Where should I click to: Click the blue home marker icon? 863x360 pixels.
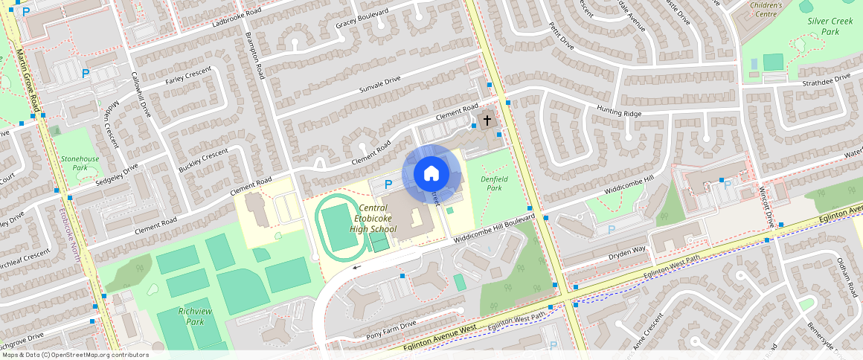431,174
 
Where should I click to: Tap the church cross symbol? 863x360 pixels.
487,120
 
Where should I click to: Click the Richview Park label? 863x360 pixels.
180,316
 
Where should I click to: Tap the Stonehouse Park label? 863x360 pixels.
80,163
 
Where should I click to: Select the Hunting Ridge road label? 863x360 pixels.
618,111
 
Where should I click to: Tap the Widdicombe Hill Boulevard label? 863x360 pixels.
494,226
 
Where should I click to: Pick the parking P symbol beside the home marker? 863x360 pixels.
388,184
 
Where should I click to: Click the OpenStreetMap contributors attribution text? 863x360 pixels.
75,355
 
